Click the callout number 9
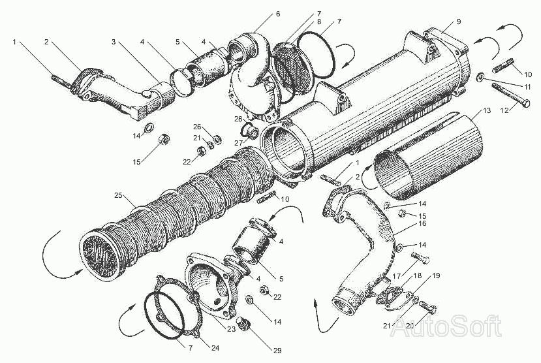[x=459, y=22]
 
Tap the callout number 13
[x=487, y=110]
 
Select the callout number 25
[x=118, y=195]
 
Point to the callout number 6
[x=278, y=14]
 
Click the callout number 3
[x=114, y=42]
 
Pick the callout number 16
[x=422, y=223]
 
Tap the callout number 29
[x=277, y=351]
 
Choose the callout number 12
[x=504, y=110]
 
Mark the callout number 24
[x=215, y=348]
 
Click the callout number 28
[x=238, y=119]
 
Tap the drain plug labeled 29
[x=244, y=323]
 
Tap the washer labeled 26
[x=217, y=140]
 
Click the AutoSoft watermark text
[x=447, y=325]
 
